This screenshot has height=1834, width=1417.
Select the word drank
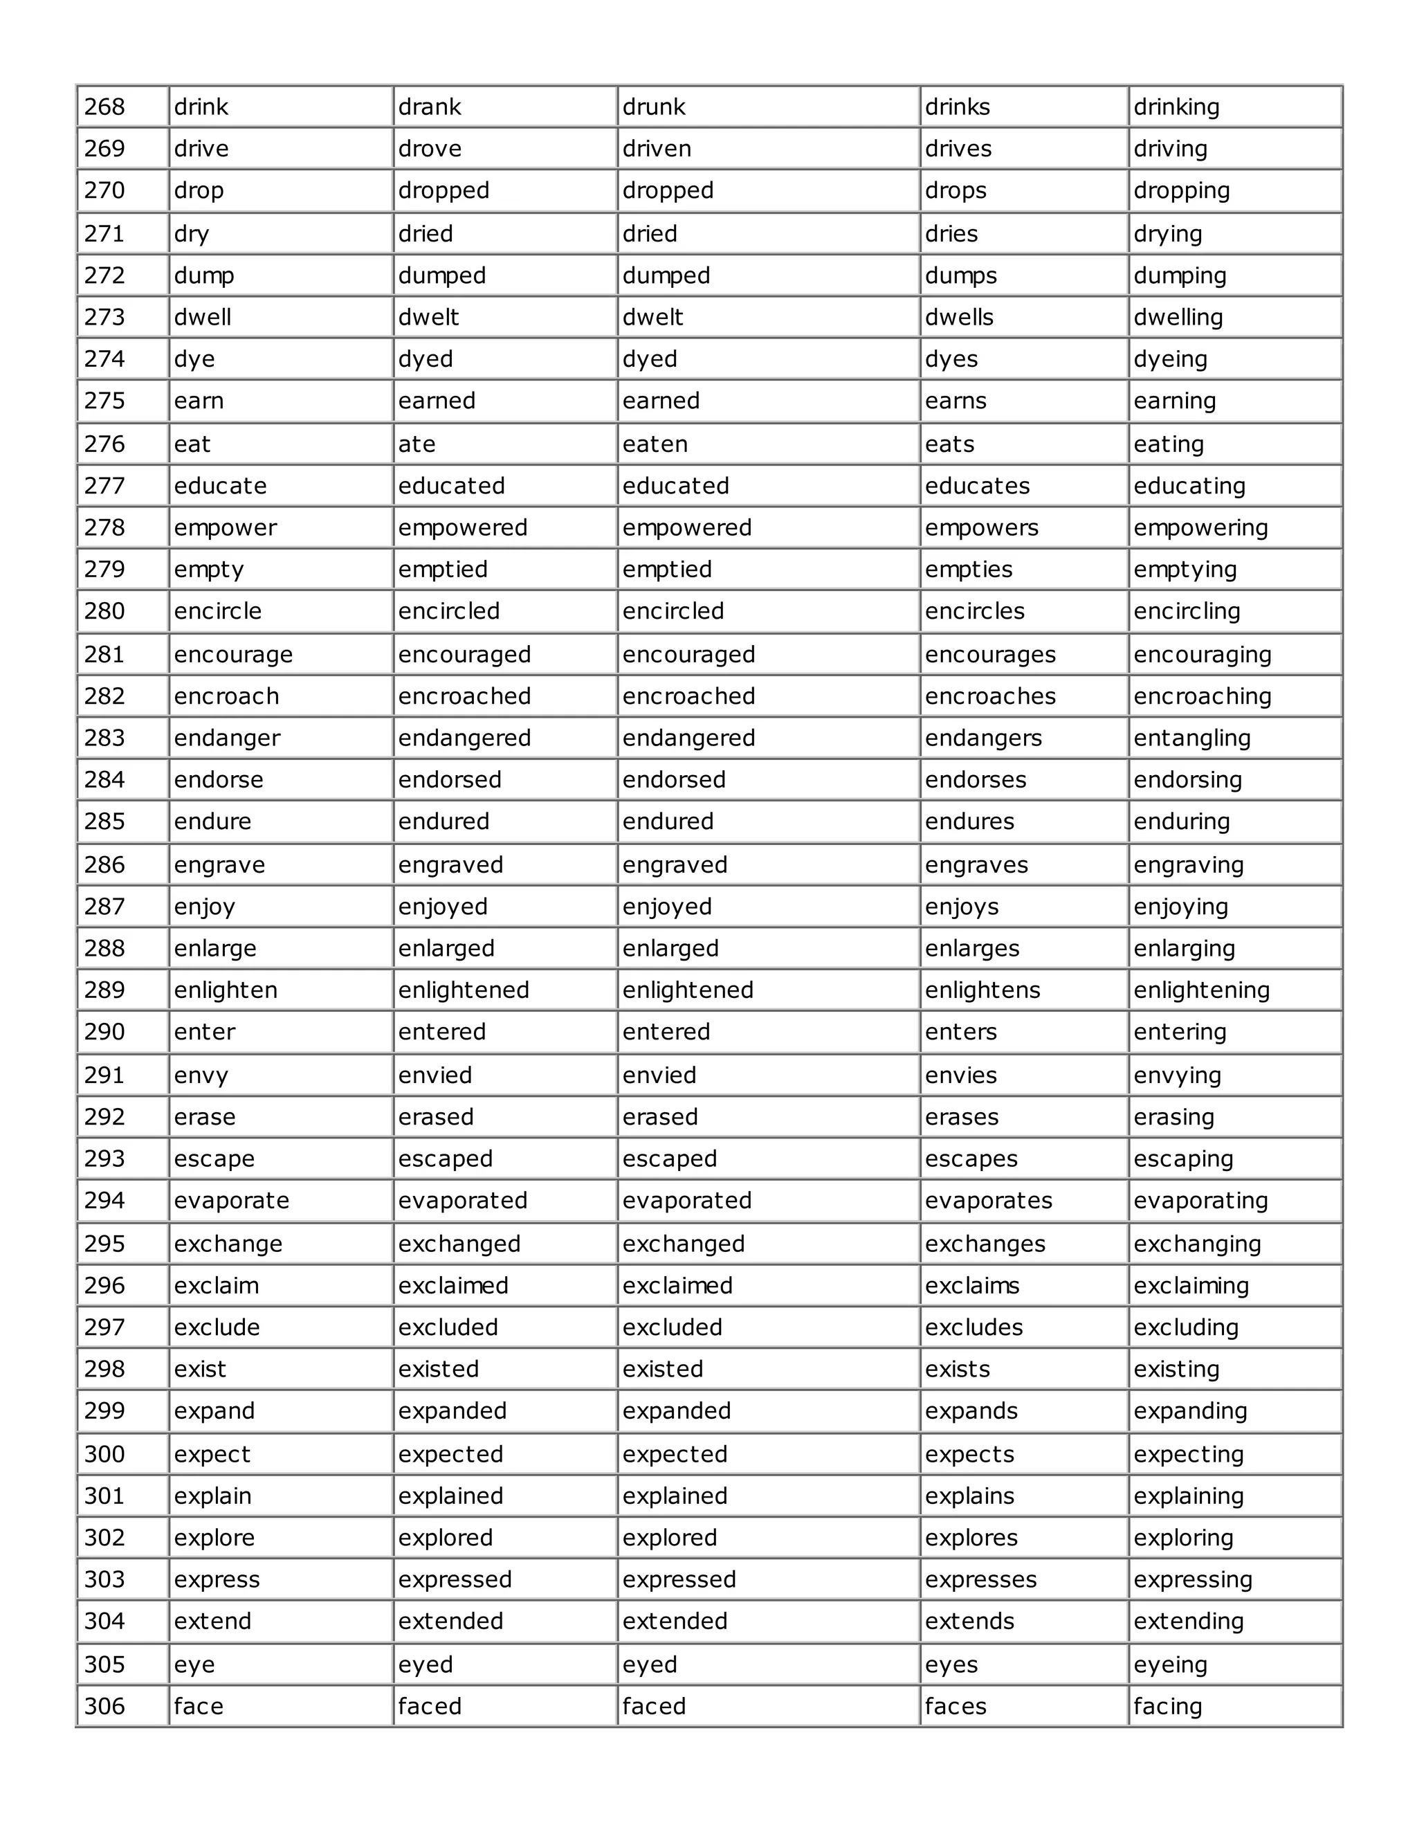coord(429,107)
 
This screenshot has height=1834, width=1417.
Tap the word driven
coord(657,149)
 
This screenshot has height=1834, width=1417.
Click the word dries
coord(951,235)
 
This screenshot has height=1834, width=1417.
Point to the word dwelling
coord(1178,318)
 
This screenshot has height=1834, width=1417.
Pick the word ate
coord(417,444)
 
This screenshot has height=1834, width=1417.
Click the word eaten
coord(655,444)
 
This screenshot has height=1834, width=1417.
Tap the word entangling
coord(1191,738)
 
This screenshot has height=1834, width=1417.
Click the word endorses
coord(976,780)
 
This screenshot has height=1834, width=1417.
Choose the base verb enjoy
coord(204,907)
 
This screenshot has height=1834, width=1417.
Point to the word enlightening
coord(1201,991)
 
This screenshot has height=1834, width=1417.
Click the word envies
coord(960,1075)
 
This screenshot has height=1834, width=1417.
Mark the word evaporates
coord(988,1201)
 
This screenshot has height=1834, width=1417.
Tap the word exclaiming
coord(1190,1287)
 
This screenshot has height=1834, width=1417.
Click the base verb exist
coord(200,1370)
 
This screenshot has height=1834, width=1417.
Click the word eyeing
coord(1170,1665)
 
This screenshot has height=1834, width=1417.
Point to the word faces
coord(956,1707)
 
